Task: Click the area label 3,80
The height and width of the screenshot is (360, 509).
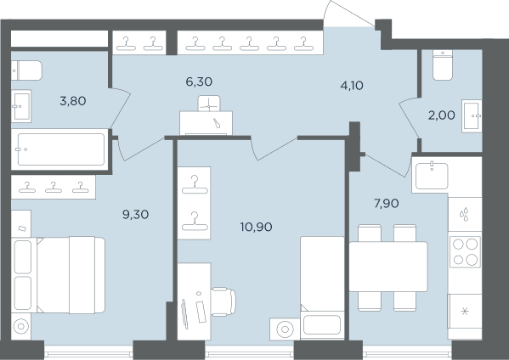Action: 73,101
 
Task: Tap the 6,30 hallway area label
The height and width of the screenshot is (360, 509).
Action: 199,82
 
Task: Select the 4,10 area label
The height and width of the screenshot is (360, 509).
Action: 352,86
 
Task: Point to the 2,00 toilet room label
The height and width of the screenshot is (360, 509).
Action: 442,115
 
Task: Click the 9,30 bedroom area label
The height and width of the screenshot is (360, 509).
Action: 135,214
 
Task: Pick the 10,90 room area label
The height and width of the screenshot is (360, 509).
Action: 256,227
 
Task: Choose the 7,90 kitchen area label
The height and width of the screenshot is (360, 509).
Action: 387,204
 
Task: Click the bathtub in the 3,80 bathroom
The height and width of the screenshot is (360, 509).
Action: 60,149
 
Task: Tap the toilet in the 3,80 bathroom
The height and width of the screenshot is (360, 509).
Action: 26,70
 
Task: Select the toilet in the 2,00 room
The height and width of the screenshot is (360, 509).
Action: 443,65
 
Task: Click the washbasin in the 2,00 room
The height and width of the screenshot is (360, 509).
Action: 472,115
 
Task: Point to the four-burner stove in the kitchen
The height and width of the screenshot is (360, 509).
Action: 465,251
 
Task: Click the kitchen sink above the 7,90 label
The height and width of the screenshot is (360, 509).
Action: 432,176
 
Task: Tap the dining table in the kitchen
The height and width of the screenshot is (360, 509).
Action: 388,267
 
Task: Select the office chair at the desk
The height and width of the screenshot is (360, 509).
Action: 223,301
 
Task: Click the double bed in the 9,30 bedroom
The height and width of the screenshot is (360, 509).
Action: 58,275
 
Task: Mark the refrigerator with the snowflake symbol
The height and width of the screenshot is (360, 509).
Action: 465,312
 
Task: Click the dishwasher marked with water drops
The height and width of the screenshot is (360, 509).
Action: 465,214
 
